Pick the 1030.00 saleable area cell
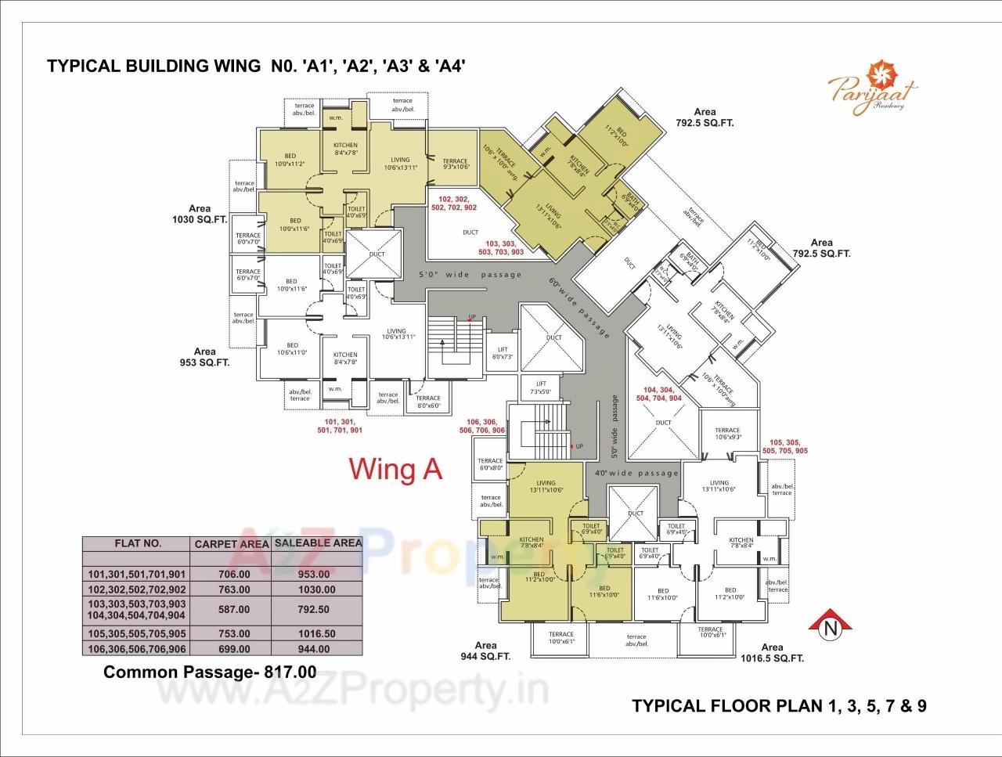click(318, 589)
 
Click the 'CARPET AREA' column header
click(232, 543)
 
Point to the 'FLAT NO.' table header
click(138, 543)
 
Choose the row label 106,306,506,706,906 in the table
click(137, 649)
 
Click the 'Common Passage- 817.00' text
click(210, 672)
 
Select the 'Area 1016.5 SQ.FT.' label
click(772, 653)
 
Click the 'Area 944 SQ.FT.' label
click(485, 651)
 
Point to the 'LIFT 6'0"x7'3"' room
click(502, 353)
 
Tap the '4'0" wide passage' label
click(636, 473)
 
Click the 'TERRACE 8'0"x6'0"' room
click(428, 402)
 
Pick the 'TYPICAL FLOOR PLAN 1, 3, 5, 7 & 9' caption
click(779, 706)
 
